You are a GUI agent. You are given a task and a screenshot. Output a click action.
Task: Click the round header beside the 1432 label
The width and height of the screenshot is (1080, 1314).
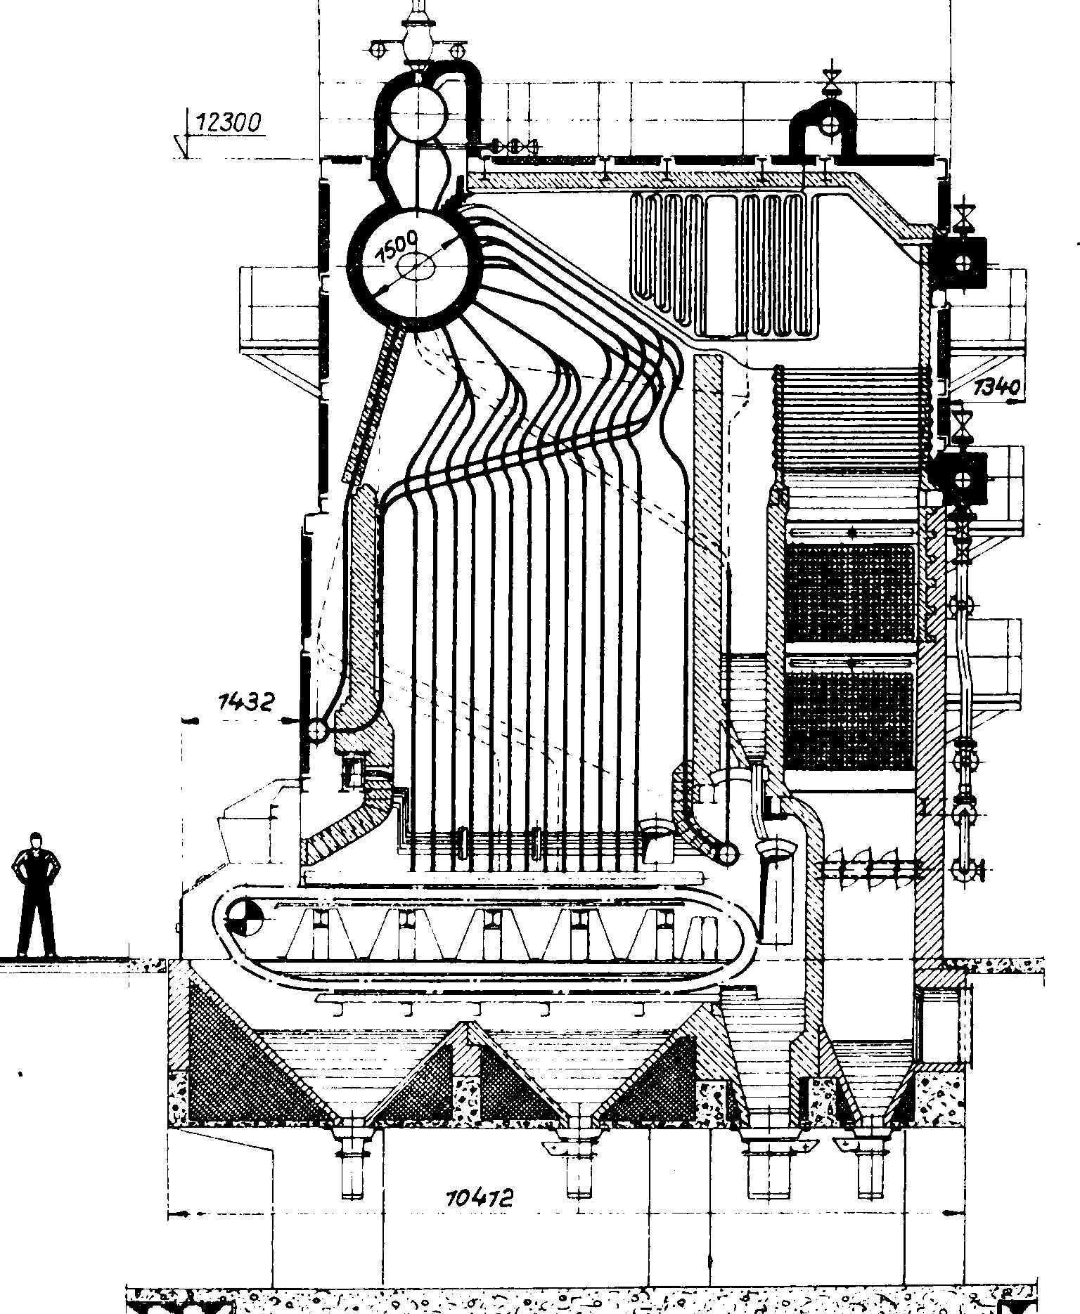(316, 731)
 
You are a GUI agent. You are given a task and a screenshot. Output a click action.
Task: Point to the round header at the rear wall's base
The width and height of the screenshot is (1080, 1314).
(729, 853)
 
